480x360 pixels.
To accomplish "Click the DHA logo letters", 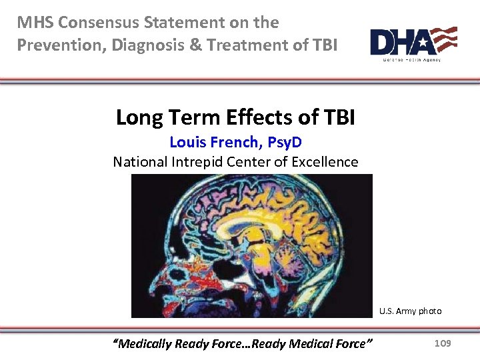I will [x=400, y=42].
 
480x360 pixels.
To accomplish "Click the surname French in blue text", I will [x=233, y=142].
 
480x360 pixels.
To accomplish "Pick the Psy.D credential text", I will [x=285, y=142].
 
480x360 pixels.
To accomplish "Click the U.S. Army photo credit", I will [x=410, y=311].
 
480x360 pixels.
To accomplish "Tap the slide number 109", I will [x=442, y=343].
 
